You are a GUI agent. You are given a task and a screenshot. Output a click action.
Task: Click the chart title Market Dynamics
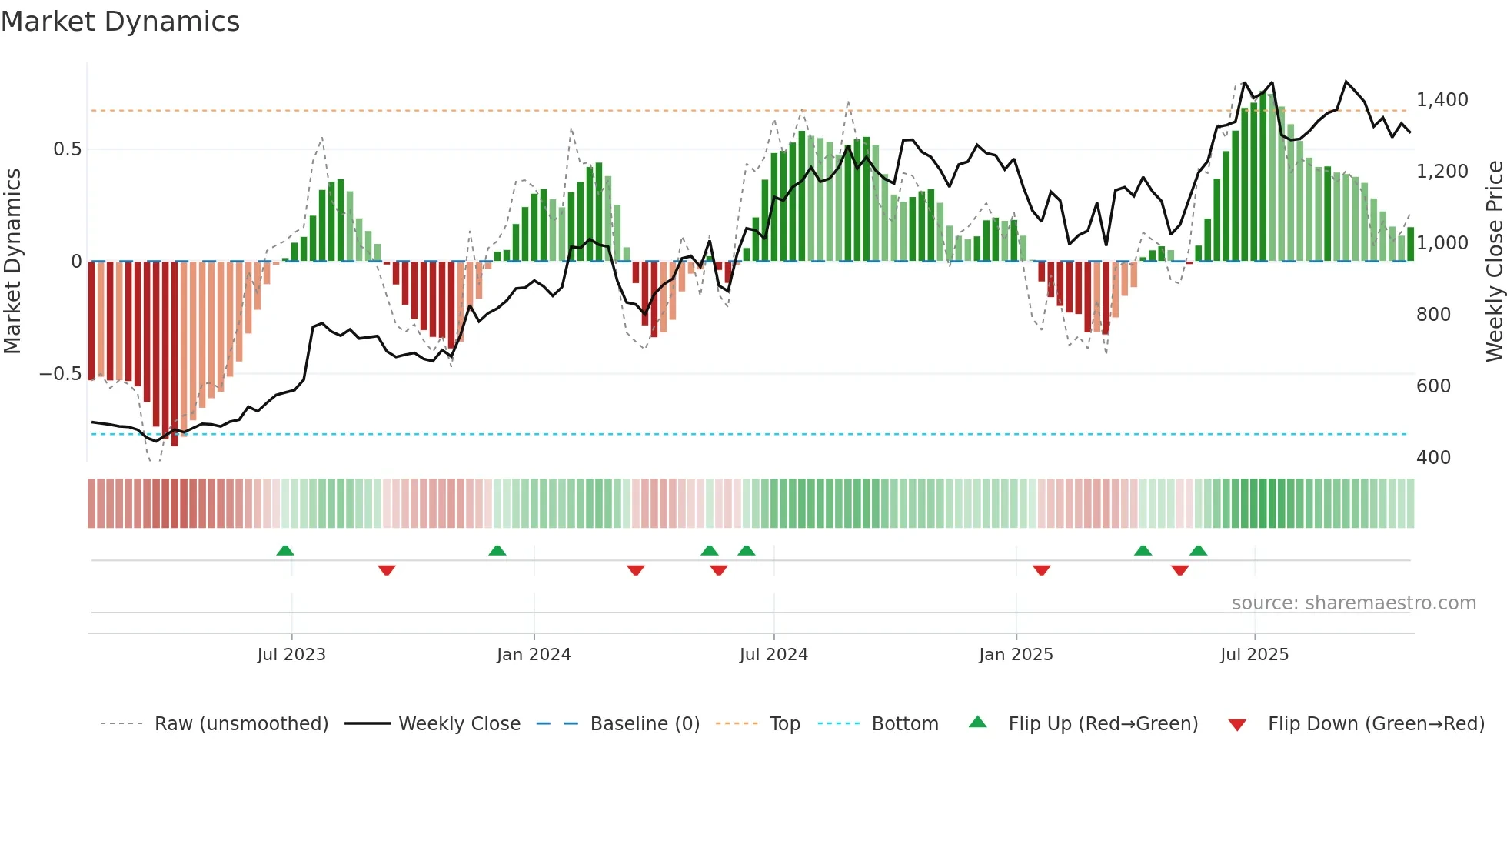(x=120, y=22)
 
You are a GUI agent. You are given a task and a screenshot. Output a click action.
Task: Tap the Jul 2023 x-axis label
(x=291, y=655)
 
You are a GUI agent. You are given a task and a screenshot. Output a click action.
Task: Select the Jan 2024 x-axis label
(x=534, y=655)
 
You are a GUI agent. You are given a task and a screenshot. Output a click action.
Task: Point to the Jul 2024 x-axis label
(x=773, y=655)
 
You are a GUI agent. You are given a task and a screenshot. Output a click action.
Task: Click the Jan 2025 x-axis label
(x=1016, y=655)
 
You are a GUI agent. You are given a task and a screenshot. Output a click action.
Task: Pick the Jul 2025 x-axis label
(x=1254, y=655)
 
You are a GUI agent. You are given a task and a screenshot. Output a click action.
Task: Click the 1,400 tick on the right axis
(x=1442, y=100)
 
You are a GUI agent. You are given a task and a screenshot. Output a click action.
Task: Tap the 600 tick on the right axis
(x=1433, y=386)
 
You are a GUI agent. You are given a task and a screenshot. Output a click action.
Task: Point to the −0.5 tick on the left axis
(x=60, y=374)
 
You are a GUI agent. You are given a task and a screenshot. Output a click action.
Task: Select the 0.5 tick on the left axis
(x=67, y=149)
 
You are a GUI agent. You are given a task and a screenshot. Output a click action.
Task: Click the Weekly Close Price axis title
(x=1494, y=262)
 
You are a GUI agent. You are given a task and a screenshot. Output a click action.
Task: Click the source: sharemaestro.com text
(x=1353, y=603)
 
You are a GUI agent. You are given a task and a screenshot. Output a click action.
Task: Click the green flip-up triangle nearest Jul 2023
(x=285, y=550)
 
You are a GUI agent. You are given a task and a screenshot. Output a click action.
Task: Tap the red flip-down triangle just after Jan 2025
(x=1042, y=570)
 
